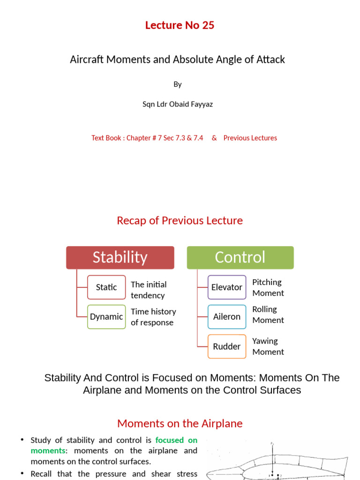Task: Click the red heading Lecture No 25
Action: (180, 25)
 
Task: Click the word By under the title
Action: (178, 84)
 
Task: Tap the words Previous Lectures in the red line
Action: (250, 138)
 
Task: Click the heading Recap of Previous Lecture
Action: (180, 220)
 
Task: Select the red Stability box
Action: (120, 257)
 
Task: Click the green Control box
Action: (240, 257)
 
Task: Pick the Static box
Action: (106, 287)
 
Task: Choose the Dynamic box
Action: (106, 316)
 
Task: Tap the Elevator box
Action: (227, 287)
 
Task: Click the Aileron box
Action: (227, 316)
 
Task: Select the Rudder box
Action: (227, 346)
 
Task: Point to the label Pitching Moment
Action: (268, 287)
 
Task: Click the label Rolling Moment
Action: (268, 315)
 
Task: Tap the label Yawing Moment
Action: (268, 346)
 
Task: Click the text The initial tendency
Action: (148, 290)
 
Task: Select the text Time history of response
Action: (153, 317)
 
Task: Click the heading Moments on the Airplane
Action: (180, 423)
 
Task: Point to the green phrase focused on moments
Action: (176, 440)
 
